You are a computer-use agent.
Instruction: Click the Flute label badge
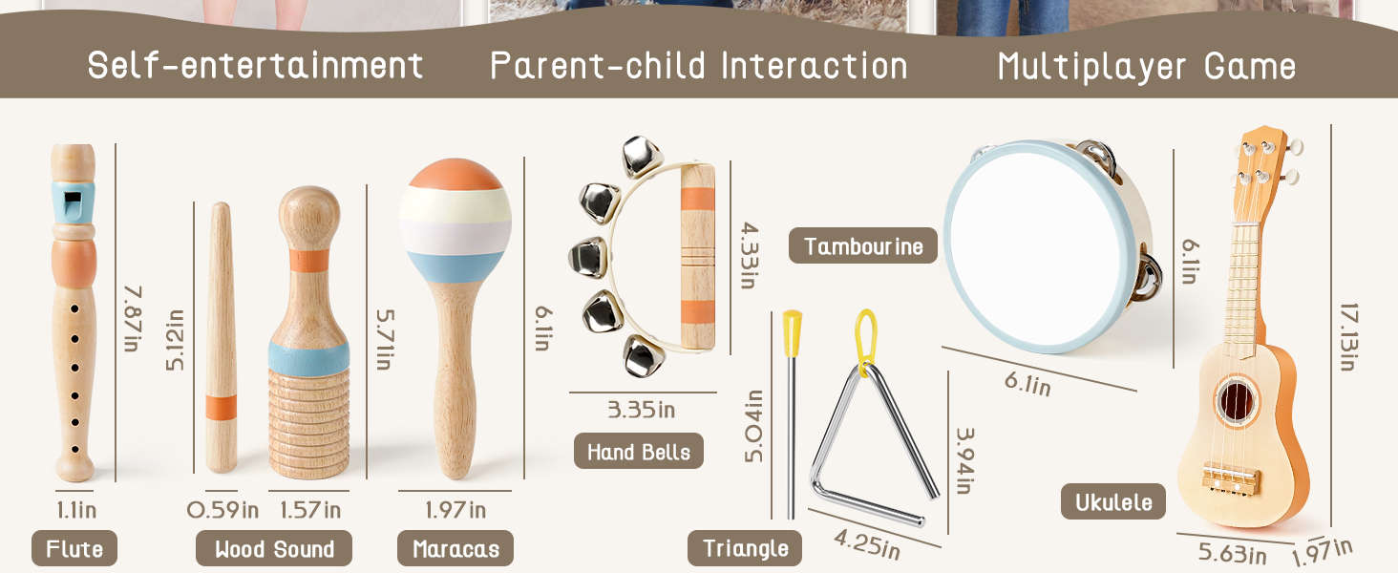point(74,549)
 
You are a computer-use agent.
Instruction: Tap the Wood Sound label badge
point(274,549)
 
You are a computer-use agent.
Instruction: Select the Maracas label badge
point(455,549)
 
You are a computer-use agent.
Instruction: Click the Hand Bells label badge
point(639,452)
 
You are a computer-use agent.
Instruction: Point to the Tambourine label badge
point(863,246)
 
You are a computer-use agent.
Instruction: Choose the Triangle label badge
point(745,548)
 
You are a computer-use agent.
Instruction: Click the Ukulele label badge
point(1113,501)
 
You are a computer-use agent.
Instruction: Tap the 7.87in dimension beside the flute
point(133,318)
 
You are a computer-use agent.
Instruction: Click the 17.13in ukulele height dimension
point(1348,337)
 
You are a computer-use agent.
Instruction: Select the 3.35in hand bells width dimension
point(642,410)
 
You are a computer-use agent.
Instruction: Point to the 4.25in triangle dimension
point(867,543)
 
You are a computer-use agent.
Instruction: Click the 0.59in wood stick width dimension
point(222,510)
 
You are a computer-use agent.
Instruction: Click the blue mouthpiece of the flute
point(73,202)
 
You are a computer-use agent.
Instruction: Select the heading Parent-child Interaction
point(699,66)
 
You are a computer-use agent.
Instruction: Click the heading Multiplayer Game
point(1147,67)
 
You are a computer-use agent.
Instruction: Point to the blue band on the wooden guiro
point(309,356)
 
